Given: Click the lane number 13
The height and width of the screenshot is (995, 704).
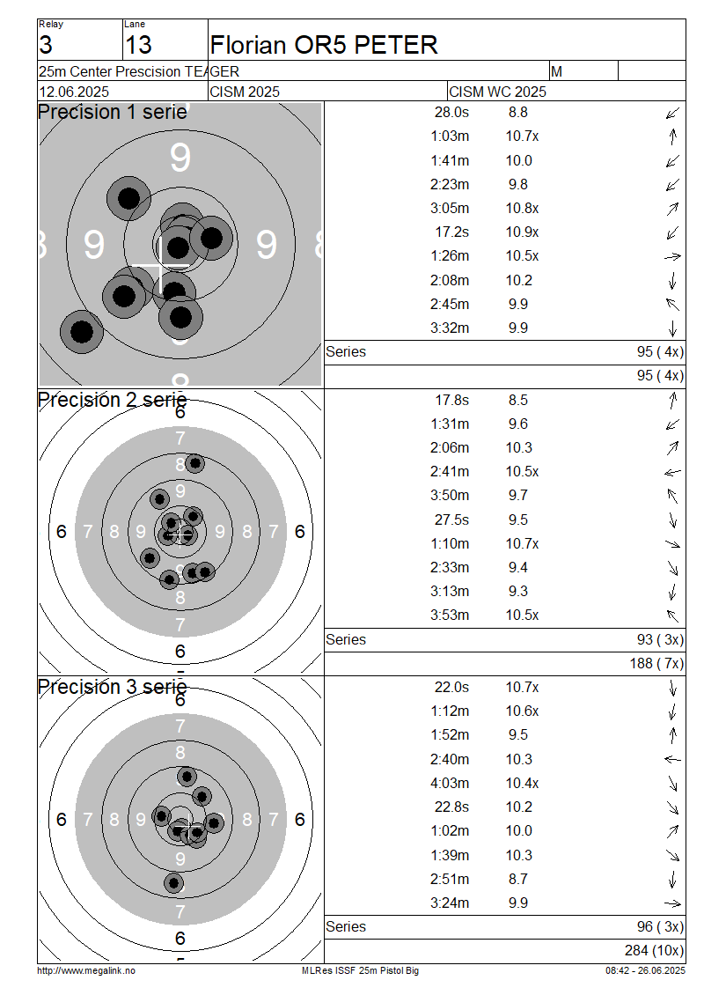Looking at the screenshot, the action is [x=138, y=45].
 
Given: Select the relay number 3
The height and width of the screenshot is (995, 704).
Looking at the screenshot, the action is [x=46, y=45].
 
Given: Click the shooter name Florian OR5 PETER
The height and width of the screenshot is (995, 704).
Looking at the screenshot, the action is [x=324, y=45].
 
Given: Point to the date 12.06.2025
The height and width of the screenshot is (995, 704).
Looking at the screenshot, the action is [x=74, y=92].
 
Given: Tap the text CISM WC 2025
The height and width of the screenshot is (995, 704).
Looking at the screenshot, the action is [x=497, y=92].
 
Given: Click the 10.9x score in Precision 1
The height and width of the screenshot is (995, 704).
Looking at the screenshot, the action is [x=522, y=232].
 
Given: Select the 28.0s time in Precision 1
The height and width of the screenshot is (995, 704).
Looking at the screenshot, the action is [x=451, y=113].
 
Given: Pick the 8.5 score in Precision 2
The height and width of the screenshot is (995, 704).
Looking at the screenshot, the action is [x=518, y=401].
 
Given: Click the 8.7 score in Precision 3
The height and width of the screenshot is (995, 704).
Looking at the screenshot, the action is [x=518, y=880].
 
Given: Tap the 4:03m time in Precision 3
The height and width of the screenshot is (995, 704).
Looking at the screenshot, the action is [x=450, y=784].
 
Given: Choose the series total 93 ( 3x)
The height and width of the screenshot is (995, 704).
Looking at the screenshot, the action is [x=660, y=639].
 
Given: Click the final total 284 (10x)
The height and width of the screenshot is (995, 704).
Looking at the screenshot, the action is [x=655, y=951].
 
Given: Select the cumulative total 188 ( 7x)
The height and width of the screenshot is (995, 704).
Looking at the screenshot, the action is [x=657, y=664].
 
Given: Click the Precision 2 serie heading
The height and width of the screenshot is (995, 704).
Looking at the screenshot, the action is [x=113, y=400].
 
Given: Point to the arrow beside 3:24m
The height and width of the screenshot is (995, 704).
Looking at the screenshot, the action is [x=672, y=903].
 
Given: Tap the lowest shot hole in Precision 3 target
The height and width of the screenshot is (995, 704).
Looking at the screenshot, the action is [x=173, y=882].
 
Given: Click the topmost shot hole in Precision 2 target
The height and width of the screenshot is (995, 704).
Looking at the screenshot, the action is [x=194, y=464].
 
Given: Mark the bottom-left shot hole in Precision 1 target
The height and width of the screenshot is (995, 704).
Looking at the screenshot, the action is [x=82, y=331].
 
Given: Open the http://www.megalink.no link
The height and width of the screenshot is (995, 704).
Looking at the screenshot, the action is [x=86, y=971].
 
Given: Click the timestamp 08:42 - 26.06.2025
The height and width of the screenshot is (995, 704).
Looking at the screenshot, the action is [x=646, y=971].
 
